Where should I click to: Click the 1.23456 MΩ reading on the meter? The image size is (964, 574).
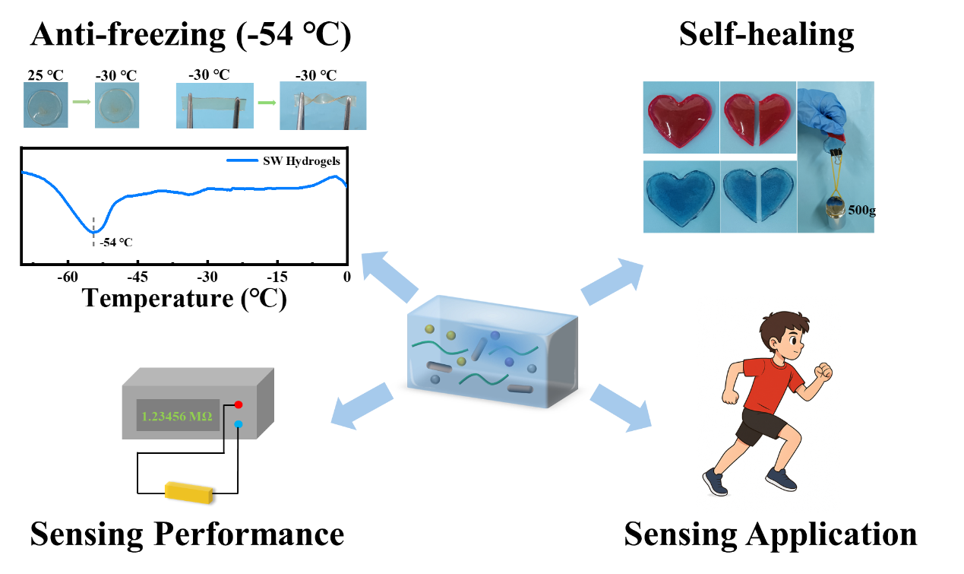coord(178,417)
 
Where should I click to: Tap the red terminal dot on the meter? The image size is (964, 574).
coord(239,404)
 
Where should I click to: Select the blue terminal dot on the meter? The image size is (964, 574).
coord(239,424)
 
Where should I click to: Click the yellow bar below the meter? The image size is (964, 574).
coord(188,492)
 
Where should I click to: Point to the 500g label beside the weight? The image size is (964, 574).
coord(861,210)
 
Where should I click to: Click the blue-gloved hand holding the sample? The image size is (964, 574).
coord(824,110)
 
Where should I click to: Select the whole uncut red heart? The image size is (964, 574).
coord(681,118)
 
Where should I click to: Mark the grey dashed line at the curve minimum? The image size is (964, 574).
coord(94,231)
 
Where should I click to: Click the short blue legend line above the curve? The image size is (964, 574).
coord(242,160)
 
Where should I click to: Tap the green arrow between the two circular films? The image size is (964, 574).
coord(81,101)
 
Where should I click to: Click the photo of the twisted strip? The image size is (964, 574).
coord(323,106)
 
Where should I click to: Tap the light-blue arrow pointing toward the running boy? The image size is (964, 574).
coord(621,408)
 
